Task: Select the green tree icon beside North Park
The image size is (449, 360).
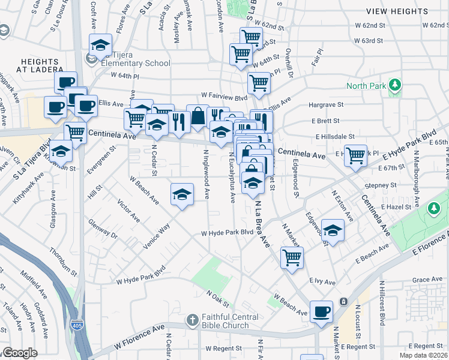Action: click(394, 86)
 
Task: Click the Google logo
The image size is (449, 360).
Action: click(20, 353)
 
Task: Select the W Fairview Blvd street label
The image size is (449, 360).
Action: click(224, 96)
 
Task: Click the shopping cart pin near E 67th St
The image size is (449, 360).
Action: click(356, 155)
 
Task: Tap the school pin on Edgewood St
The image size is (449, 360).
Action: click(333, 230)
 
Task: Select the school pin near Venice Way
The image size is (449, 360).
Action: click(182, 194)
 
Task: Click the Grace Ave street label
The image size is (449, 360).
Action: click(427, 280)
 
